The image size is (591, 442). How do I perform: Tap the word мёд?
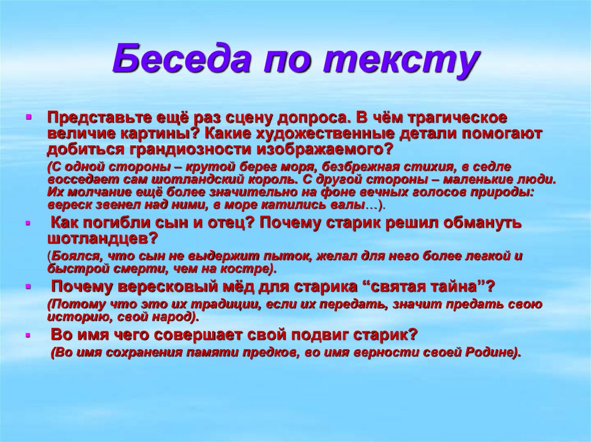(x=237, y=287)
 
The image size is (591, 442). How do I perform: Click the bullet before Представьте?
(x=28, y=118)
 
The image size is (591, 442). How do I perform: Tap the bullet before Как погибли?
(x=28, y=223)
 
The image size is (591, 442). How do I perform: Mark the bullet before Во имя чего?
(x=28, y=335)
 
